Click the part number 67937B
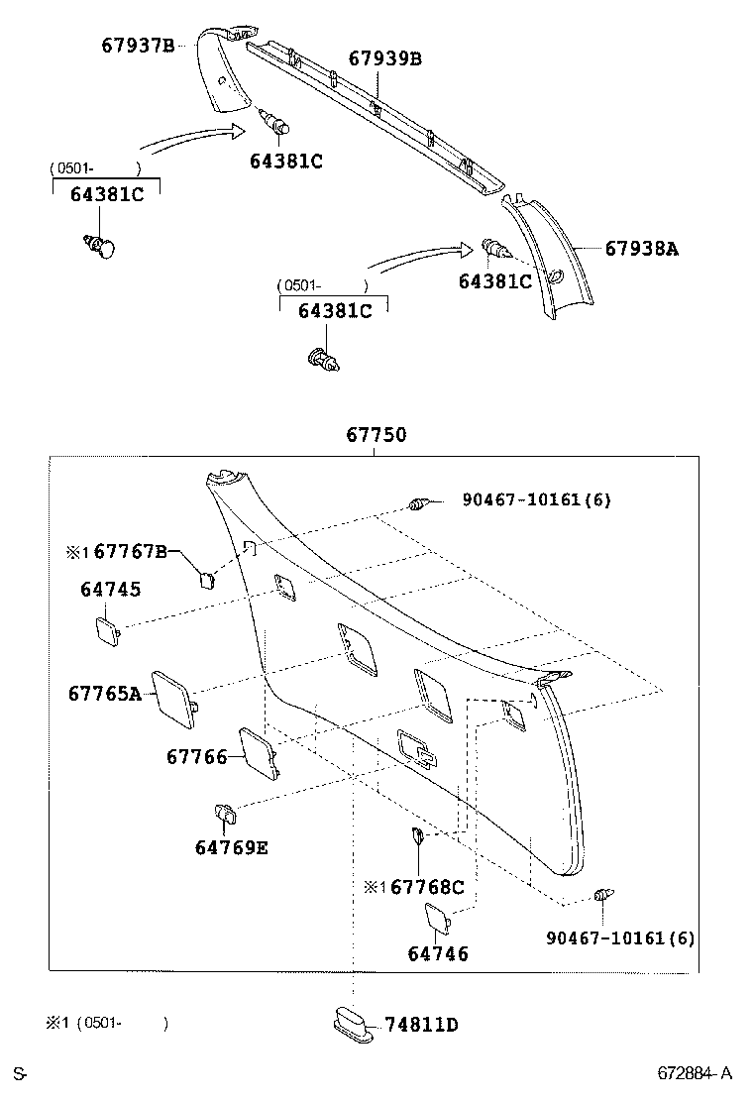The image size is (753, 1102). coord(138,46)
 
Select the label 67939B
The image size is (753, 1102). coord(384,59)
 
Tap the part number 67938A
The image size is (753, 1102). coord(641,250)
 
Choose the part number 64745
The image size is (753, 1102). coord(110,590)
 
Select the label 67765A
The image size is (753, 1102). coord(105,694)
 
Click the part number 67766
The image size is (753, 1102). coord(197,757)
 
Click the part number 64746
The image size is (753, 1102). coord(438,954)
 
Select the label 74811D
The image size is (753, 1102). coord(421,1025)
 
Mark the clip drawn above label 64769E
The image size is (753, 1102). coord(225,815)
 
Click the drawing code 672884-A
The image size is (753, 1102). coord(696,1073)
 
